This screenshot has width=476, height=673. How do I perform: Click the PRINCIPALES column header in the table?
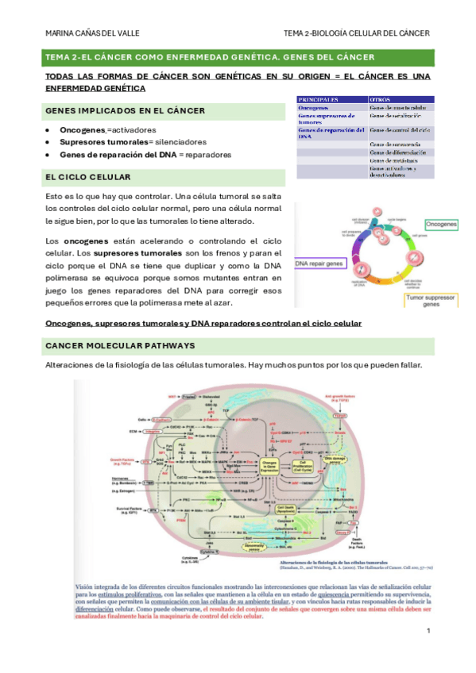(x=318, y=98)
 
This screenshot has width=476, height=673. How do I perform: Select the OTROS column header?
(x=381, y=98)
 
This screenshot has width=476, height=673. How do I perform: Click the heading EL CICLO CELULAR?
(x=88, y=176)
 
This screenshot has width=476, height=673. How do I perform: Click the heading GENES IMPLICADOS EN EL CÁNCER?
(x=125, y=110)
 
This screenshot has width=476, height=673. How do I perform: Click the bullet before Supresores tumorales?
(x=49, y=142)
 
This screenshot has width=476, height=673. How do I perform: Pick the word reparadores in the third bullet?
(x=204, y=154)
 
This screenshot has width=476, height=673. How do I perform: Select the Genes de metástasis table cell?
(x=397, y=159)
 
